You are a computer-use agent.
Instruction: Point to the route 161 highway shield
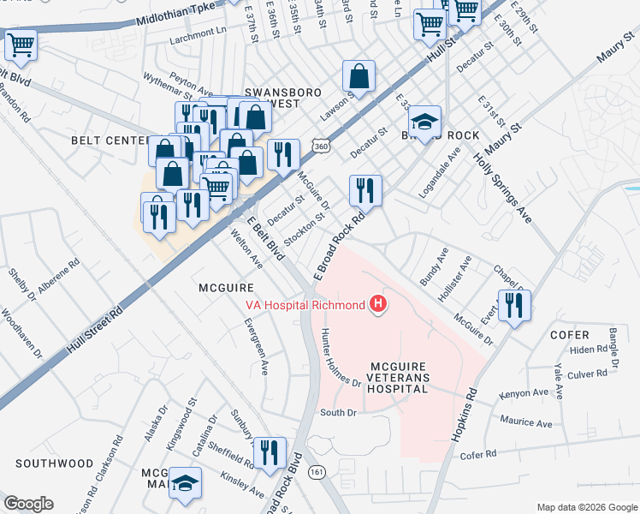tap(318, 472)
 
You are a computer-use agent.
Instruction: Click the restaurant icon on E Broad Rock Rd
tap(365, 190)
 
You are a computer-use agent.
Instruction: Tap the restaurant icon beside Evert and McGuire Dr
tap(514, 305)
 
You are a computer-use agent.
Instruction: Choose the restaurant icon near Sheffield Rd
tap(270, 452)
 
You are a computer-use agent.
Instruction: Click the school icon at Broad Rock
tap(424, 121)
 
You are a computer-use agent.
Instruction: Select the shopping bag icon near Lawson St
tap(360, 76)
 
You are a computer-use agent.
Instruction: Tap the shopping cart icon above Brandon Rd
tap(21, 45)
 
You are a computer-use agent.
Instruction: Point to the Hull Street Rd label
tap(95, 330)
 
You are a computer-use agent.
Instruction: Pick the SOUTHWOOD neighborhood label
tap(54, 463)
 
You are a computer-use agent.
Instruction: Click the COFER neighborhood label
tap(570, 335)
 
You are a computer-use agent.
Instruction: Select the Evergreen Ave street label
tap(257, 348)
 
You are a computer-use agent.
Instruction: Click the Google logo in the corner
tap(29, 504)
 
